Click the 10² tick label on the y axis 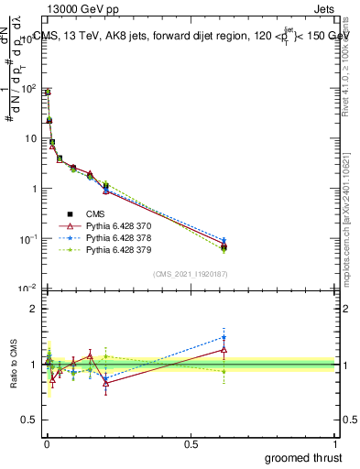[27, 89]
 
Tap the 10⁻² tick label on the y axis [27, 289]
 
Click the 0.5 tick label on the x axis [191, 443]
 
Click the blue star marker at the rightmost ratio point [224, 337]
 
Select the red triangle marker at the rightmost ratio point [224, 349]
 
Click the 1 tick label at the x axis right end [335, 443]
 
